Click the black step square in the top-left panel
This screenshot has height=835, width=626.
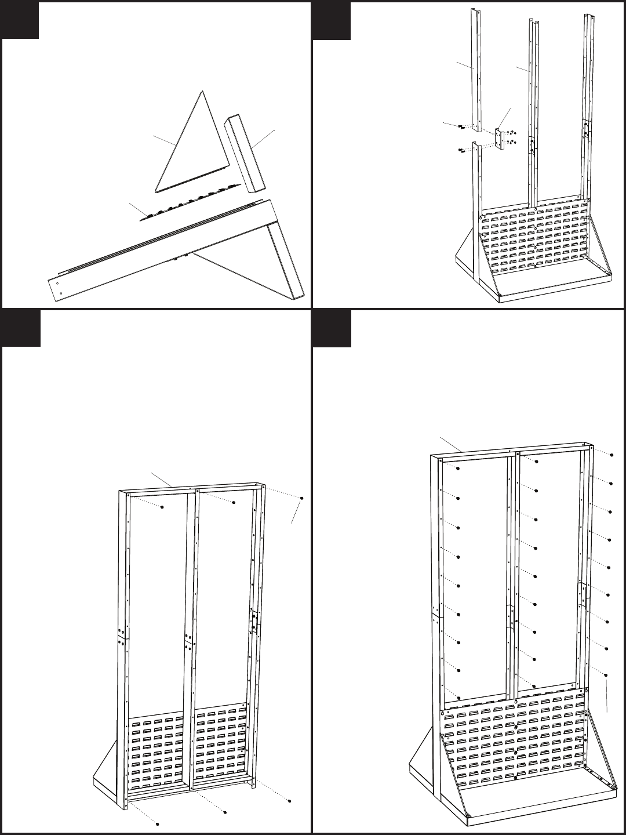[20, 20]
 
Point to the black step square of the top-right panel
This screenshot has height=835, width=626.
[332, 20]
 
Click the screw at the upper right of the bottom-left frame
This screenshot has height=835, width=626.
[301, 498]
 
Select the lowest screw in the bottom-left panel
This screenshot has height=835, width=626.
[157, 823]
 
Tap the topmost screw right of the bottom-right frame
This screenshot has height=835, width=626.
[611, 453]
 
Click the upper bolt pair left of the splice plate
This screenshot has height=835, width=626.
[461, 126]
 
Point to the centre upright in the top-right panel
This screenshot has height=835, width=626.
[532, 116]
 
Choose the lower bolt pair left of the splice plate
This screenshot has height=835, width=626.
[461, 151]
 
